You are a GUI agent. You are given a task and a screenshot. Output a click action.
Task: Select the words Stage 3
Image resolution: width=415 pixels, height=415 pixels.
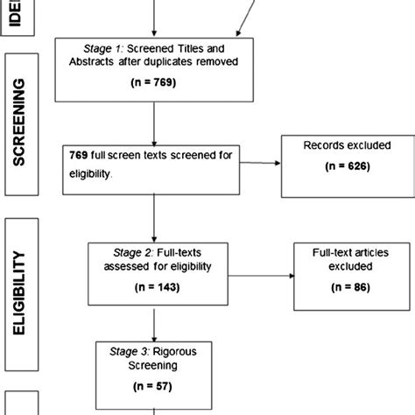tap(130, 348)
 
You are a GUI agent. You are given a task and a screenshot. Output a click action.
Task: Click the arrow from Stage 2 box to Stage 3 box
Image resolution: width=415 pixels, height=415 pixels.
tap(154, 321)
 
